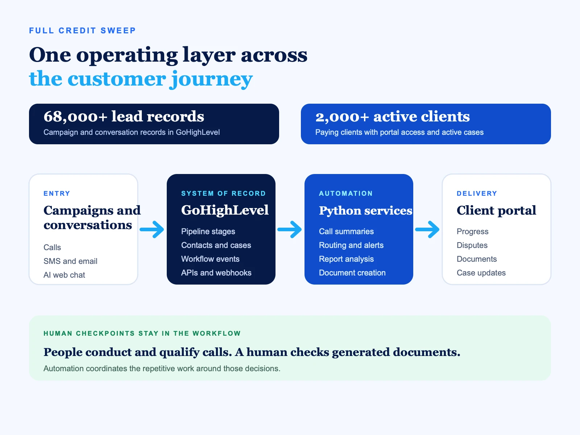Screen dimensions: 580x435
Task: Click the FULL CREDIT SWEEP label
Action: point(82,31)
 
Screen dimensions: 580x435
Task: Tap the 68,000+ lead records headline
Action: point(124,116)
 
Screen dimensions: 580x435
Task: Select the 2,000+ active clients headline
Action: point(392,116)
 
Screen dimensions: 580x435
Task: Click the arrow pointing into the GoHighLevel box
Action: point(152,229)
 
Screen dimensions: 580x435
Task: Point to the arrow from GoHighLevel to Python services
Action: point(290,229)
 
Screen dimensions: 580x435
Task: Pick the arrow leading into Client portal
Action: point(427,229)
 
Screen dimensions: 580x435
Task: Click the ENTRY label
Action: point(57,193)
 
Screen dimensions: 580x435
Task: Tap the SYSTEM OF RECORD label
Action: point(223,193)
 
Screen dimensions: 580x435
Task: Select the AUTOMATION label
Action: point(345,193)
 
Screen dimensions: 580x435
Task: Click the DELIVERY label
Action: point(477,193)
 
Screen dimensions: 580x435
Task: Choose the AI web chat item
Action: point(64,275)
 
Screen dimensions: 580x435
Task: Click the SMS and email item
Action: point(70,261)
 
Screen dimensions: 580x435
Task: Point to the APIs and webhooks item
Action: point(216,273)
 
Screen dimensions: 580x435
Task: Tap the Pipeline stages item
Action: point(208,231)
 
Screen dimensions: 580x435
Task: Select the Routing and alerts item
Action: point(351,245)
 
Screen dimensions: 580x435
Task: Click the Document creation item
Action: point(352,273)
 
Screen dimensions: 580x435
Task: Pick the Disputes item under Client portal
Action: point(472,245)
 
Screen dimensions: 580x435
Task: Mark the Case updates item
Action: point(481,273)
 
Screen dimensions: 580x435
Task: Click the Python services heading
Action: point(365,211)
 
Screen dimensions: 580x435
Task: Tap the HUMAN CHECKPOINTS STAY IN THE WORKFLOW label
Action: point(142,333)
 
